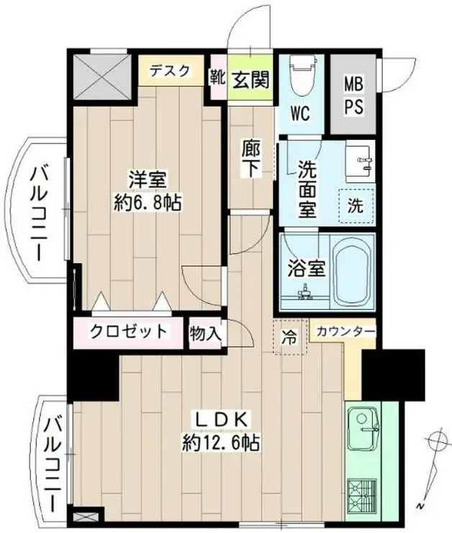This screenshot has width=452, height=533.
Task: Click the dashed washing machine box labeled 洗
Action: tap(356, 206)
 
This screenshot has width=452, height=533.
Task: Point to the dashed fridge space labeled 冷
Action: tap(290, 336)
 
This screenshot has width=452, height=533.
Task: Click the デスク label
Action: tap(169, 71)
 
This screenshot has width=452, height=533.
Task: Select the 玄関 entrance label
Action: tap(251, 79)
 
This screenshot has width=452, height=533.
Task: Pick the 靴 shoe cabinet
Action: tap(217, 78)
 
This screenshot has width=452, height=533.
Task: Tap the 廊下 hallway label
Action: tap(251, 158)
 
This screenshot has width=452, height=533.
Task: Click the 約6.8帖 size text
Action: tap(148, 203)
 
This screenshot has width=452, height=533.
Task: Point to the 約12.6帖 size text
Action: tap(221, 442)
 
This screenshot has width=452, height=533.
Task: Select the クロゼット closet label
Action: tap(128, 331)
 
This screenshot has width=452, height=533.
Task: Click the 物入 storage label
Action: tap(206, 333)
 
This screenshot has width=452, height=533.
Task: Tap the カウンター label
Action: tap(345, 331)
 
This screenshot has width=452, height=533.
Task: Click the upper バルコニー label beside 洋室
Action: tap(40, 213)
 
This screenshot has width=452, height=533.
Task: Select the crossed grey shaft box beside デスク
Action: tap(102, 76)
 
